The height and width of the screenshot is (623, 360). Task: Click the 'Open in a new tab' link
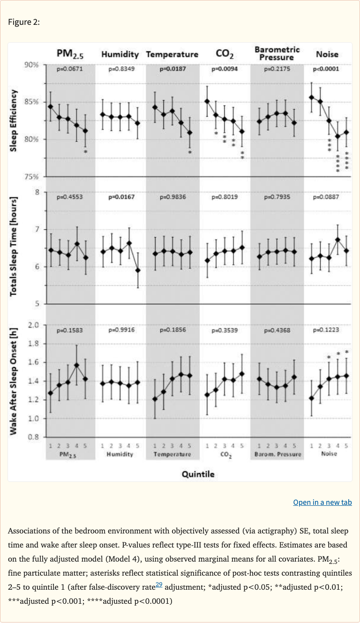pyautogui.click(x=322, y=502)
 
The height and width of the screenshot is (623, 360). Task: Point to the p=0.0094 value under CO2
pyautogui.click(x=224, y=69)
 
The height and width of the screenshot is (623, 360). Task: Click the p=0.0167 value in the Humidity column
pyautogui.click(x=121, y=197)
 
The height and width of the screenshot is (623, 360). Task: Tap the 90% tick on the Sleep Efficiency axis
pyautogui.click(x=31, y=65)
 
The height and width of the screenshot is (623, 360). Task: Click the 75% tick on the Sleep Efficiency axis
pyautogui.click(x=31, y=177)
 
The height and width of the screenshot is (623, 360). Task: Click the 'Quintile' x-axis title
pyautogui.click(x=198, y=474)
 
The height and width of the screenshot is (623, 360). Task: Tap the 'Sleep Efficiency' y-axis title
pyautogui.click(x=15, y=120)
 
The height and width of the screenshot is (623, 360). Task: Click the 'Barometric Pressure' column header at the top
pyautogui.click(x=277, y=53)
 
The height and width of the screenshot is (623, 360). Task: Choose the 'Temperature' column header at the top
pyautogui.click(x=172, y=54)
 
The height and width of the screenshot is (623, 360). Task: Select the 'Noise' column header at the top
pyautogui.click(x=327, y=54)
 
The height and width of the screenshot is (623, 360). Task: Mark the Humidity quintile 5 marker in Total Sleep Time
pyautogui.click(x=138, y=270)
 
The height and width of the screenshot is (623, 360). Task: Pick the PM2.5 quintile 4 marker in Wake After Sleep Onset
pyautogui.click(x=77, y=365)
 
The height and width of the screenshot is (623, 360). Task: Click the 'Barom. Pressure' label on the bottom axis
pyautogui.click(x=277, y=454)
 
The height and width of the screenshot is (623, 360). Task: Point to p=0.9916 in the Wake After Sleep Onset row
pyautogui.click(x=121, y=330)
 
